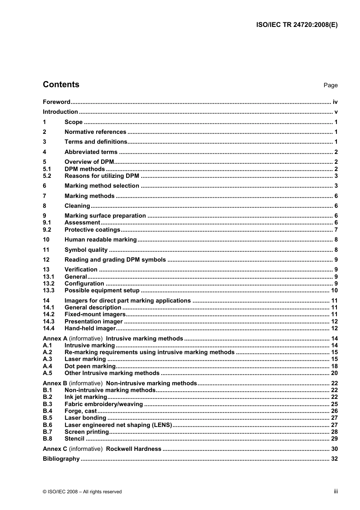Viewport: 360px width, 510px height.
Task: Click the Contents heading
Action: tap(61, 85)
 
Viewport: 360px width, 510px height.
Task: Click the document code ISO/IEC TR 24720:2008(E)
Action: tap(297, 25)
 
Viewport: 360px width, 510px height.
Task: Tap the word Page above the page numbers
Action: tap(330, 85)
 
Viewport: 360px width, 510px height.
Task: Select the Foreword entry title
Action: tap(56, 102)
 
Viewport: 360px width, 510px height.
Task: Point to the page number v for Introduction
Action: tap(336, 112)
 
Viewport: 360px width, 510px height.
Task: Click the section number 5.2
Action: tap(47, 176)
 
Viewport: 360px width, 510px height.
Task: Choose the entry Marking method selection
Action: tap(102, 186)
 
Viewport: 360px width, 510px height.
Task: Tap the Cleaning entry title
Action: tap(77, 206)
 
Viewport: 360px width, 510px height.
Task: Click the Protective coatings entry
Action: tap(92, 230)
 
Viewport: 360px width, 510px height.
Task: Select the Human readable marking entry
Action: tap(100, 240)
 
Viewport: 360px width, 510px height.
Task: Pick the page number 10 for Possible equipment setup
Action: tap(334, 290)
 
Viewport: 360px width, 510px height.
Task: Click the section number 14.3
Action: tap(49, 322)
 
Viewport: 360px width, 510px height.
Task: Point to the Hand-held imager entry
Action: tap(90, 328)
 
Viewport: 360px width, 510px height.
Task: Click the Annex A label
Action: tap(55, 339)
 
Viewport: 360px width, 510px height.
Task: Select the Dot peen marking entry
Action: tap(90, 366)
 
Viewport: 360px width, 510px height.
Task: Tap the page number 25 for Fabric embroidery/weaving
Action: tap(334, 404)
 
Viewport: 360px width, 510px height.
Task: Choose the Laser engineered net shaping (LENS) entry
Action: tap(118, 425)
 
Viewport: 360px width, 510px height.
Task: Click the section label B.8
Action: tap(47, 439)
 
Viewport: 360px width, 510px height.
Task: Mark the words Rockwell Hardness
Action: tap(133, 449)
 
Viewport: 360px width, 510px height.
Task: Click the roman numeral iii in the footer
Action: tap(336, 491)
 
